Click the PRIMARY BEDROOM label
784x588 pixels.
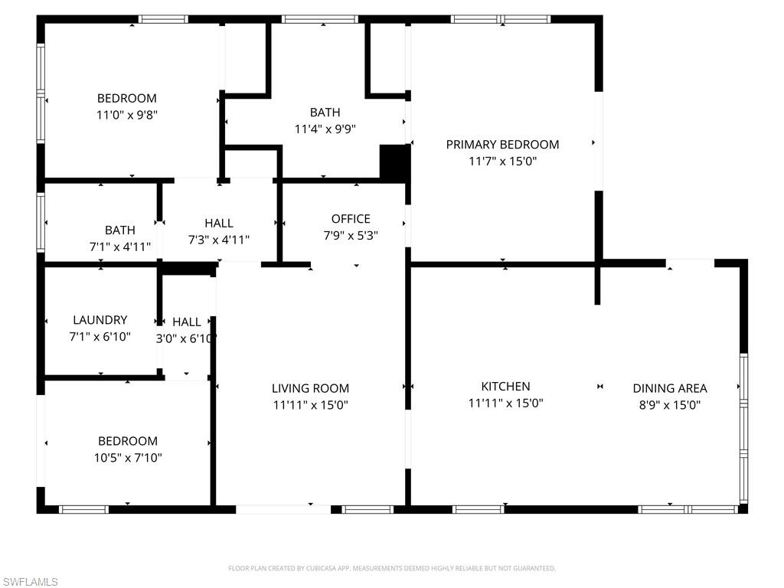tap(502, 145)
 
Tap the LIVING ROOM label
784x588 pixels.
tap(311, 388)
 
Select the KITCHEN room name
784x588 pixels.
tap(505, 386)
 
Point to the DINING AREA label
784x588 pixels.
tap(669, 388)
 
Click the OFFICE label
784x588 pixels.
tap(351, 218)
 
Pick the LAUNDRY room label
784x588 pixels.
tap(100, 319)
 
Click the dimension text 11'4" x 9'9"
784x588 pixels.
tap(325, 129)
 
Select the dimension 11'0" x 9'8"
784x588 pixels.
tap(127, 115)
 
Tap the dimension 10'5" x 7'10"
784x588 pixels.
tap(128, 458)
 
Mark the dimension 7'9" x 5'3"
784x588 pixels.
tap(351, 235)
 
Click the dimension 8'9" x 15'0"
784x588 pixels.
tap(669, 404)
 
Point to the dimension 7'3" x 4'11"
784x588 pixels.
tap(218, 240)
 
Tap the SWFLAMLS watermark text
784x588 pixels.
tap(30, 582)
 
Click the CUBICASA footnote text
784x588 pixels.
tap(392, 568)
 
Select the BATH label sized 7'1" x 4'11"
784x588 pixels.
tap(120, 230)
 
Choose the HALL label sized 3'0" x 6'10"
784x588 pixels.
tap(187, 322)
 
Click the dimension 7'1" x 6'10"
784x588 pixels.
tap(100, 337)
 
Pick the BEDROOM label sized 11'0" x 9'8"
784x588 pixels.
tap(127, 98)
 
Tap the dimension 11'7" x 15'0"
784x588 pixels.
tap(502, 161)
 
